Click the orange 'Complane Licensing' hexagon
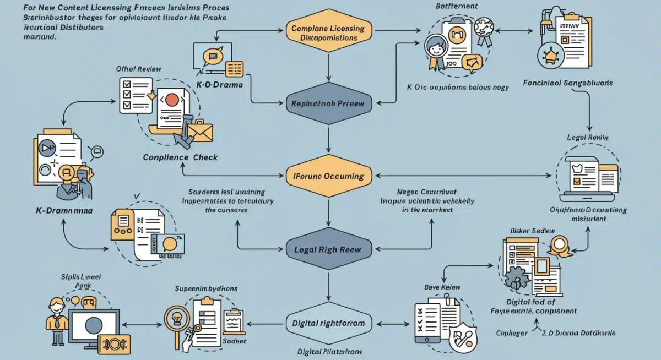pyautogui.click(x=329, y=32)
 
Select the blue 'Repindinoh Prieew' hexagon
pyautogui.click(x=329, y=103)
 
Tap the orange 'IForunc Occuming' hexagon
pyautogui.click(x=329, y=176)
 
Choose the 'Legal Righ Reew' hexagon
pyautogui.click(x=329, y=249)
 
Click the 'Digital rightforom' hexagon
pyautogui.click(x=329, y=323)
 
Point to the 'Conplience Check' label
pyautogui.click(x=180, y=157)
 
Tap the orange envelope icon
pyautogui.click(x=199, y=130)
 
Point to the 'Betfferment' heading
pyautogui.click(x=456, y=6)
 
